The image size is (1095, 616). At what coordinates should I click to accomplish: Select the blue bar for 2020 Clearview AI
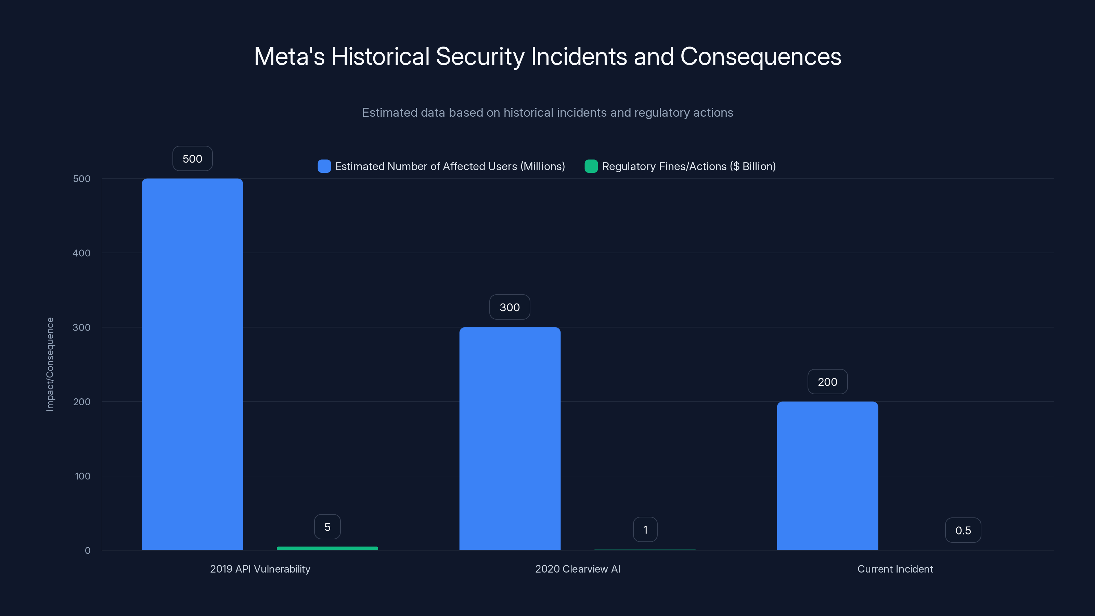click(510, 438)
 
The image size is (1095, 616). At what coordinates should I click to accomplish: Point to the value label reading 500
click(192, 158)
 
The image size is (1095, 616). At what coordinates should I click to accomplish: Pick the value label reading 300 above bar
click(510, 307)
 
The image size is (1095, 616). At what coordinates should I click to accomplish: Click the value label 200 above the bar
click(827, 382)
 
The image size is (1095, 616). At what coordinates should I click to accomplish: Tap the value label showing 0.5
click(963, 530)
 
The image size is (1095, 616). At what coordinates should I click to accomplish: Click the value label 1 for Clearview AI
click(645, 529)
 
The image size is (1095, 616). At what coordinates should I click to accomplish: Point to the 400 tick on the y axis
click(82, 253)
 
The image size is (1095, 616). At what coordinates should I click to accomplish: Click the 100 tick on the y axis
click(82, 476)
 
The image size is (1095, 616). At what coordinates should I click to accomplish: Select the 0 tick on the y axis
click(88, 551)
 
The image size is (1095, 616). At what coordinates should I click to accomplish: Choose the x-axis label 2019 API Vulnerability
click(260, 569)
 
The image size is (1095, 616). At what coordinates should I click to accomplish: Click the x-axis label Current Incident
click(895, 569)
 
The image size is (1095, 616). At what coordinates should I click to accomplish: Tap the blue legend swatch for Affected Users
click(324, 166)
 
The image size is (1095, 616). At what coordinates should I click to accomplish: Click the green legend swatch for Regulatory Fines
click(591, 166)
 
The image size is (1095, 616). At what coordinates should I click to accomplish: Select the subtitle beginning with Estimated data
click(547, 112)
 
